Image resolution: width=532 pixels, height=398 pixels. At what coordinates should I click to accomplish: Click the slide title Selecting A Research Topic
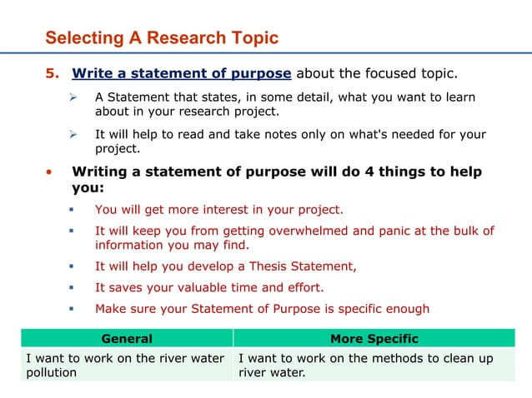162,38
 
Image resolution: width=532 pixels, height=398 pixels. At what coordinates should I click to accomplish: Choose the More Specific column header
374,339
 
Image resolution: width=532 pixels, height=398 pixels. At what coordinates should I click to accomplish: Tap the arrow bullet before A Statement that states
73,97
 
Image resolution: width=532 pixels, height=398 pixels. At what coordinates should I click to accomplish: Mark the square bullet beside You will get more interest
73,210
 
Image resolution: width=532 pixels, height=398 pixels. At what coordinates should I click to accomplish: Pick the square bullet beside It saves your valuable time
73,288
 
